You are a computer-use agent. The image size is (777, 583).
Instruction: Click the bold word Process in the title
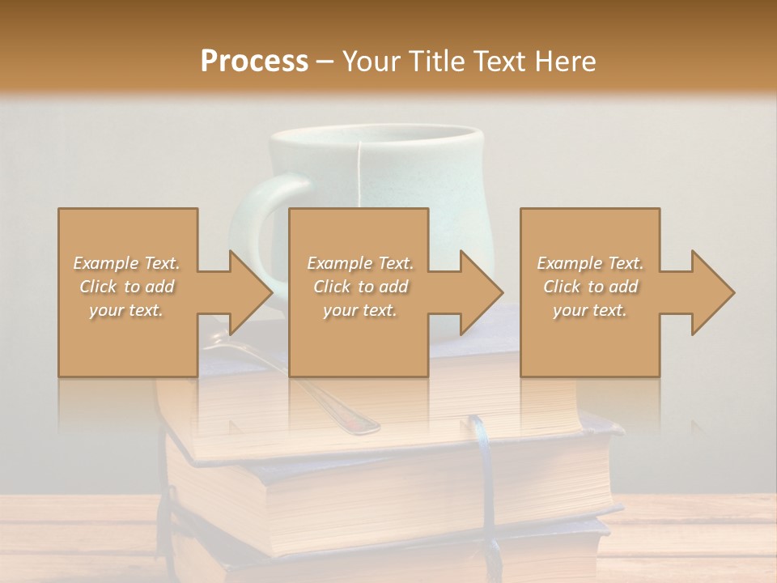[x=254, y=62]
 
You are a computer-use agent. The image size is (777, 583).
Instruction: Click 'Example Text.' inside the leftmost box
[x=126, y=263]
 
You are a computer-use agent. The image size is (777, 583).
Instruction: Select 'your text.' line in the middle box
[x=359, y=310]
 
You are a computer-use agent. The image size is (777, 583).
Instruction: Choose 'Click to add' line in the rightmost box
[x=590, y=287]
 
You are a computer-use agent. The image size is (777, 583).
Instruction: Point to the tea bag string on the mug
[x=356, y=174]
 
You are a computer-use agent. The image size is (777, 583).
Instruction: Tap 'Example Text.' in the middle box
[x=359, y=263]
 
